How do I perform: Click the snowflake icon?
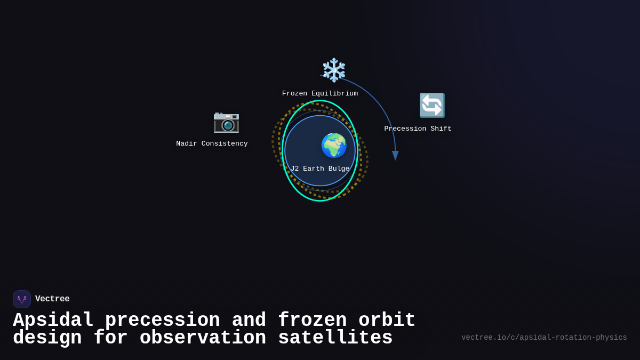pyautogui.click(x=334, y=70)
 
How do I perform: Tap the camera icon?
pyautogui.click(x=226, y=122)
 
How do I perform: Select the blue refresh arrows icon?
pyautogui.click(x=431, y=105)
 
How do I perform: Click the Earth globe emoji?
pyautogui.click(x=334, y=145)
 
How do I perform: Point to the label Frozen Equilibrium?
pyautogui.click(x=320, y=94)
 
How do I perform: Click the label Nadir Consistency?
pyautogui.click(x=212, y=144)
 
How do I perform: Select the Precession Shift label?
pyautogui.click(x=418, y=129)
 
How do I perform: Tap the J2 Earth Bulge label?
pyautogui.click(x=320, y=169)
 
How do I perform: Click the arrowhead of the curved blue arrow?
pyautogui.click(x=395, y=156)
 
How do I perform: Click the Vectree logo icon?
pyautogui.click(x=22, y=299)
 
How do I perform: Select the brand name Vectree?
pyautogui.click(x=52, y=299)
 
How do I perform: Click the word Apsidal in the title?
pyautogui.click(x=53, y=321)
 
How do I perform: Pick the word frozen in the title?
pyautogui.click(x=312, y=321)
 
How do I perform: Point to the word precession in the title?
pyautogui.click(x=162, y=321)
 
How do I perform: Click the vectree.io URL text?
pyautogui.click(x=544, y=338)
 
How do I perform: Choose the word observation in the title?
pyautogui.click(x=203, y=338)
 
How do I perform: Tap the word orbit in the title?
pyautogui.click(x=387, y=321)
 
